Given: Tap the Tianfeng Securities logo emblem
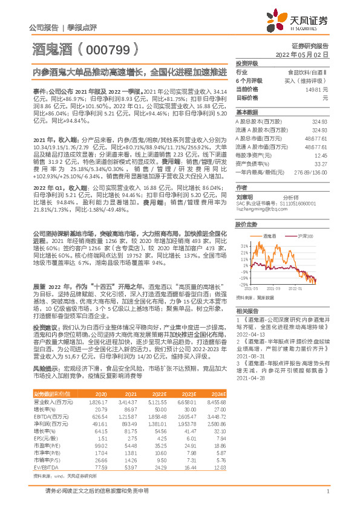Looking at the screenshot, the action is (x=275, y=24).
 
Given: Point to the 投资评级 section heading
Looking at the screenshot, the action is (x=247, y=62).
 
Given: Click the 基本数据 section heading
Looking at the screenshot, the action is (x=247, y=112).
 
